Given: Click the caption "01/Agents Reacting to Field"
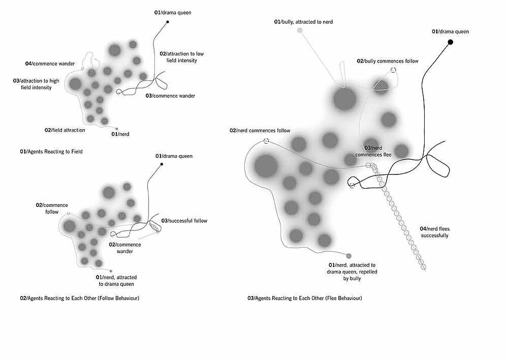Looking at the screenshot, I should pyautogui.click(x=51, y=152).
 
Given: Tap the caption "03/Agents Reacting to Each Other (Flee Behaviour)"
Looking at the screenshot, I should pyautogui.click(x=305, y=298).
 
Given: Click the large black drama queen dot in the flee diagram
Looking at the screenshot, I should pyautogui.click(x=450, y=42).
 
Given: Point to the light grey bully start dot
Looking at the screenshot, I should pyautogui.click(x=300, y=31).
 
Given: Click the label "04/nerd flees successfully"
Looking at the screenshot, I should pyautogui.click(x=434, y=232).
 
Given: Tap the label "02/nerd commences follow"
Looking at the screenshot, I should pyautogui.click(x=260, y=131).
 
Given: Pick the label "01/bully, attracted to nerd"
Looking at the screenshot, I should pyautogui.click(x=303, y=22).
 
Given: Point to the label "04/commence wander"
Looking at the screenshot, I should pyautogui.click(x=50, y=64).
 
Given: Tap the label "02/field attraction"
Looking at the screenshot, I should pyautogui.click(x=65, y=130).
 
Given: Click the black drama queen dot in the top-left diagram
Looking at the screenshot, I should pyautogui.click(x=167, y=22).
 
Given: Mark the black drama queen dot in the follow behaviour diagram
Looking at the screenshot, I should pyautogui.click(x=162, y=164).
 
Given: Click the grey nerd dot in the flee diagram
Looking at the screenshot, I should pyautogui.click(x=348, y=256).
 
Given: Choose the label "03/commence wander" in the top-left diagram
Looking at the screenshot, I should pyautogui.click(x=170, y=96).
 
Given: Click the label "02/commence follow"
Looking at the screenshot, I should pyautogui.click(x=48, y=208).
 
